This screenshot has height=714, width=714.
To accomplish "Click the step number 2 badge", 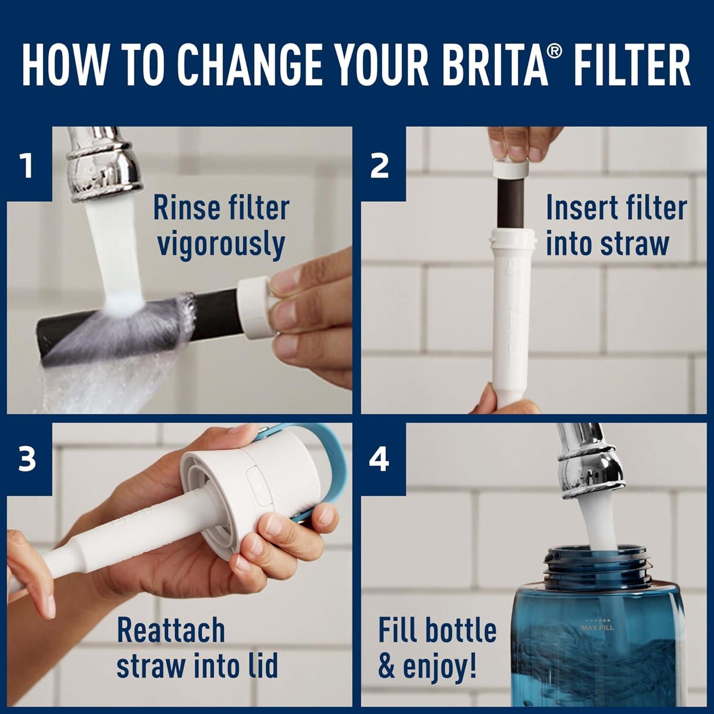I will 379,165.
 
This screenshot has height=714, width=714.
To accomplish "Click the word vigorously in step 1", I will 221,244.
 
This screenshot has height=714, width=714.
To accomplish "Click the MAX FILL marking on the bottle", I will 597,627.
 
